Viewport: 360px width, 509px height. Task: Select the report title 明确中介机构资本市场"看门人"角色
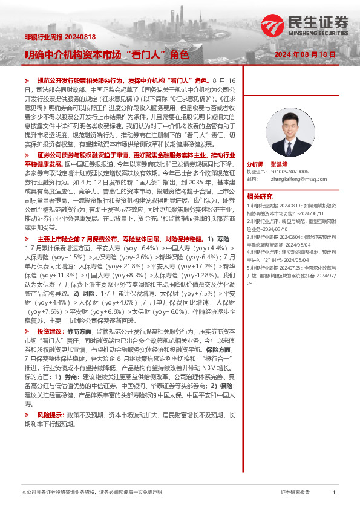106,54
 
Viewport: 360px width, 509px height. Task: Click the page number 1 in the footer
334,493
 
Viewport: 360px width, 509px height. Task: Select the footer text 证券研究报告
295,493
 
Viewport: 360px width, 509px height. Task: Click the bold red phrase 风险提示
48,416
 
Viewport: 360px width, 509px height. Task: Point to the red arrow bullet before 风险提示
27,416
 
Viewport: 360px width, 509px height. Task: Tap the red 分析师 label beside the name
255,164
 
